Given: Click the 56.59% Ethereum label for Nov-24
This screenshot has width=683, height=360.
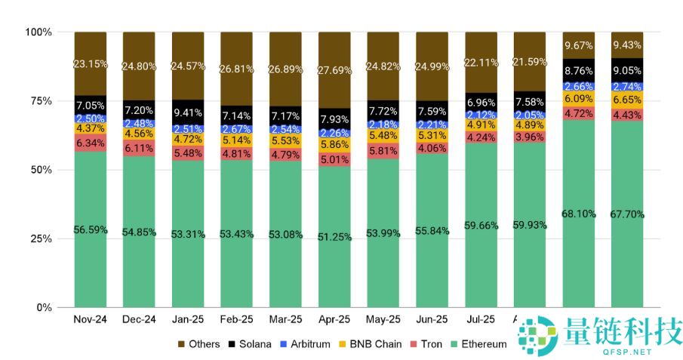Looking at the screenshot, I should click(91, 229).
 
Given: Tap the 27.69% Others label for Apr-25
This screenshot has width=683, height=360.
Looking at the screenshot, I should click(334, 70).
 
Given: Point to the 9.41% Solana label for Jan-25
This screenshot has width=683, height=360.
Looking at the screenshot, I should click(188, 115).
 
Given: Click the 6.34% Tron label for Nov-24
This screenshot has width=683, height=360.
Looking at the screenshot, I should click(91, 143).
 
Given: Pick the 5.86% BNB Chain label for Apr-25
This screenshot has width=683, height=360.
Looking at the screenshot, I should click(334, 144).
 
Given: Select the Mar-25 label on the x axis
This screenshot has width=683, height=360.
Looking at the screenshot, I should click(285, 320).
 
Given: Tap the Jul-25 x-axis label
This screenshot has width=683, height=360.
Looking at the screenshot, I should click(480, 320).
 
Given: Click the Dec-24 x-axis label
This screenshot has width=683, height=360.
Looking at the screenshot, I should click(139, 320).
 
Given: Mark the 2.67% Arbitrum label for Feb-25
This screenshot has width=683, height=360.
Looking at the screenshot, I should click(236, 129).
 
